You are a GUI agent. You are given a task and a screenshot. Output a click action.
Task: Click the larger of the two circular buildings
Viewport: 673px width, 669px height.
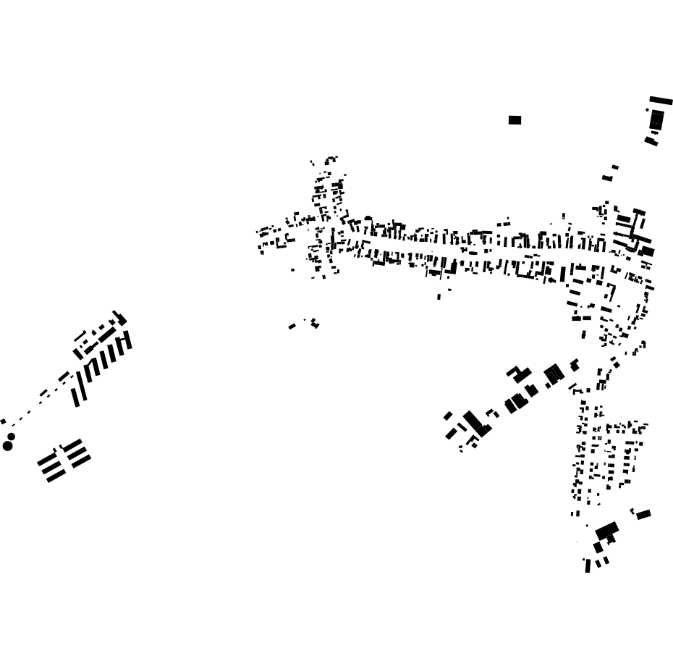pyautogui.click(x=8, y=445)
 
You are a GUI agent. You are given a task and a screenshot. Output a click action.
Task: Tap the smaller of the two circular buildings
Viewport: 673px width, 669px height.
pyautogui.click(x=12, y=437)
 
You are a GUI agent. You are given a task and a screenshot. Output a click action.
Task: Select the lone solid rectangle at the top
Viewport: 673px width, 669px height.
pyautogui.click(x=515, y=120)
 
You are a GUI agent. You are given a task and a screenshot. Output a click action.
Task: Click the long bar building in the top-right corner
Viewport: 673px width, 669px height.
pyautogui.click(x=661, y=101)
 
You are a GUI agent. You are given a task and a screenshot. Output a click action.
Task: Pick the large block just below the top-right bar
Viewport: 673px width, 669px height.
pyautogui.click(x=656, y=120)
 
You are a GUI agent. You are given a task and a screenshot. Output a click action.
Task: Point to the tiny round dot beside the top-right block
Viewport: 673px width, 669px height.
pyautogui.click(x=648, y=110)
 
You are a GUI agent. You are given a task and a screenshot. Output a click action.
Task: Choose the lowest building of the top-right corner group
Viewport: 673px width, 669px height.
pyautogui.click(x=651, y=141)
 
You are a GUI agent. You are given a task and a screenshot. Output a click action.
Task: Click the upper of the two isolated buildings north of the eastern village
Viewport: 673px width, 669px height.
pyautogui.click(x=615, y=167)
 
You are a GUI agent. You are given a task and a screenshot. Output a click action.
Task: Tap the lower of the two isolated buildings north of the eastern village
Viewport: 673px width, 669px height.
pyautogui.click(x=607, y=178)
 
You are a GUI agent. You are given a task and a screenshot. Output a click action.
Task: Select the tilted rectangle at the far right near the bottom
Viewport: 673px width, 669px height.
pyautogui.click(x=643, y=515)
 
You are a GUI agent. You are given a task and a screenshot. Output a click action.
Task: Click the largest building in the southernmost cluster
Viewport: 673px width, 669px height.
pyautogui.click(x=606, y=531)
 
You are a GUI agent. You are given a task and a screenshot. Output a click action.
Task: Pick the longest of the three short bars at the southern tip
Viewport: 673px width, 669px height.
pyautogui.click(x=588, y=565)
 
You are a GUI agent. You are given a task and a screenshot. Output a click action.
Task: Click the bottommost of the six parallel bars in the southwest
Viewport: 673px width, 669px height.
pyautogui.click(x=56, y=476)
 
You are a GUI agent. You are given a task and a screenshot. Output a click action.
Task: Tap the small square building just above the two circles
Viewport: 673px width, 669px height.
pyautogui.click(x=3, y=421)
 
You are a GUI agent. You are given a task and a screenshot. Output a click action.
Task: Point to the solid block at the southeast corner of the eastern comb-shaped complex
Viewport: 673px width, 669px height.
pyautogui.click(x=647, y=251)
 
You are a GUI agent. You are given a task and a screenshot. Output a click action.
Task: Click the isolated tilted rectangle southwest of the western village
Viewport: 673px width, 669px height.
pyautogui.click(x=292, y=327)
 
